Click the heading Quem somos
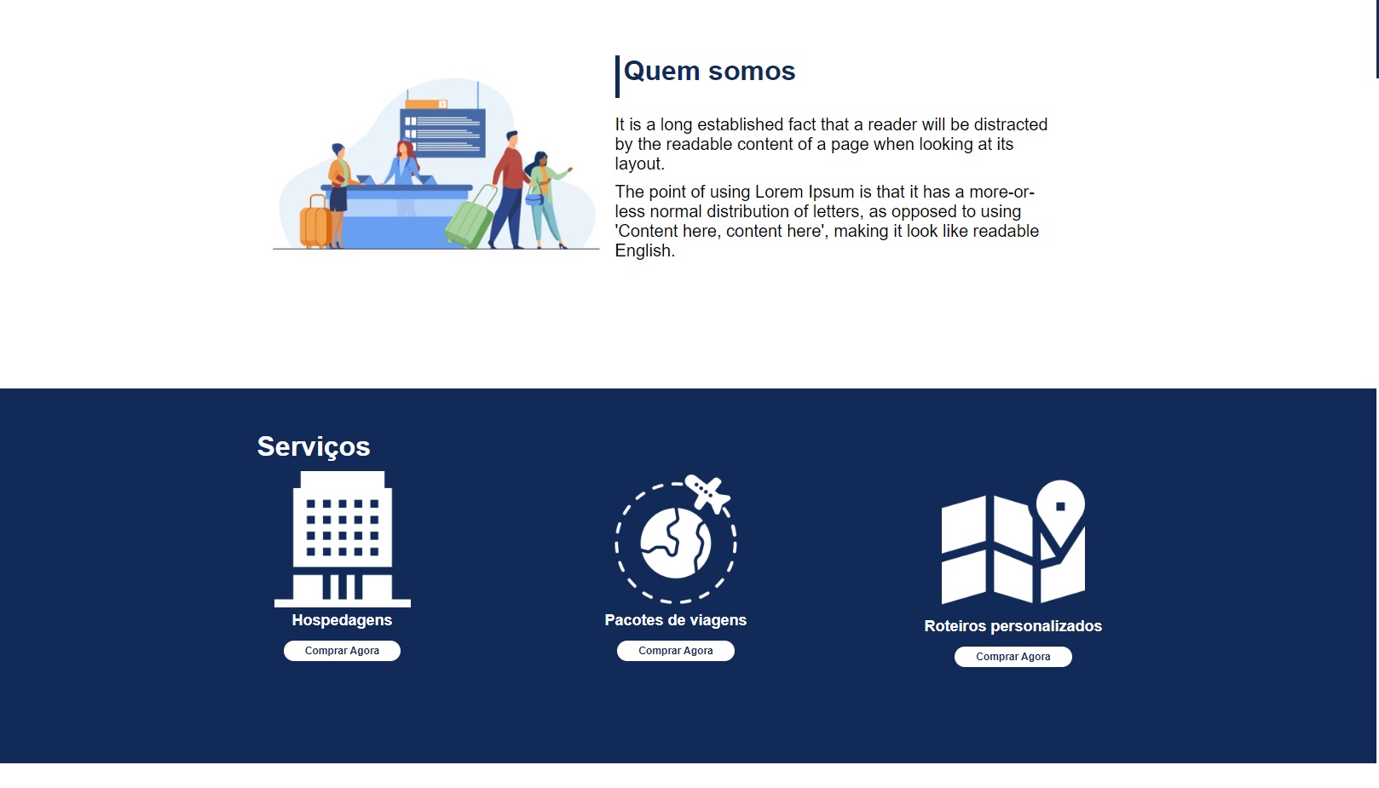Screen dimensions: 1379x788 tap(709, 72)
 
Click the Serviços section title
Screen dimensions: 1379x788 tap(314, 447)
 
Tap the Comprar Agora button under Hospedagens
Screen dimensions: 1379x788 tap(342, 651)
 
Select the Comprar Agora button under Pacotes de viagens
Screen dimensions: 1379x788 tap(675, 651)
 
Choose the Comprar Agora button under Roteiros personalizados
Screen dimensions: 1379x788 tap(1013, 656)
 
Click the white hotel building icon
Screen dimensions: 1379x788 tap(343, 539)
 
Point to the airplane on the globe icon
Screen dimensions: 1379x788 tap(708, 493)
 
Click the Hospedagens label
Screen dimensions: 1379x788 tap(342, 620)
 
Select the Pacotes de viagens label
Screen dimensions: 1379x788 tap(675, 620)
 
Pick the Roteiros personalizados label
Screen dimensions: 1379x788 tap(1013, 626)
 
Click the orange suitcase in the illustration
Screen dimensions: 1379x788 tap(315, 222)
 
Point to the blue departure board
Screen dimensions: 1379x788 tap(442, 132)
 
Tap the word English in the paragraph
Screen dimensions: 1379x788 tap(644, 251)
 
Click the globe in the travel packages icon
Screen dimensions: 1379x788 tap(675, 544)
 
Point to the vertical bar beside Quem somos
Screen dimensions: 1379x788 tap(617, 77)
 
